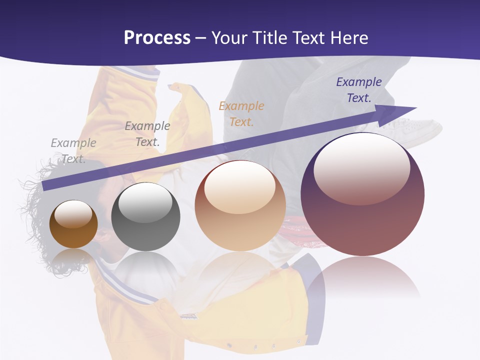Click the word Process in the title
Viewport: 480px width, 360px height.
157,38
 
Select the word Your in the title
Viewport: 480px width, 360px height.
229,38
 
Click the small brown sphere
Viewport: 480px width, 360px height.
73,224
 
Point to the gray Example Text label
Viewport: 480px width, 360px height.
73,150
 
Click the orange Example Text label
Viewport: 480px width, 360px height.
241,113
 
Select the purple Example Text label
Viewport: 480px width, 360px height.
358,90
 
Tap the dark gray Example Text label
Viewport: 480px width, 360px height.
147,134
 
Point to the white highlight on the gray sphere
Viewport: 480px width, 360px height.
145,202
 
